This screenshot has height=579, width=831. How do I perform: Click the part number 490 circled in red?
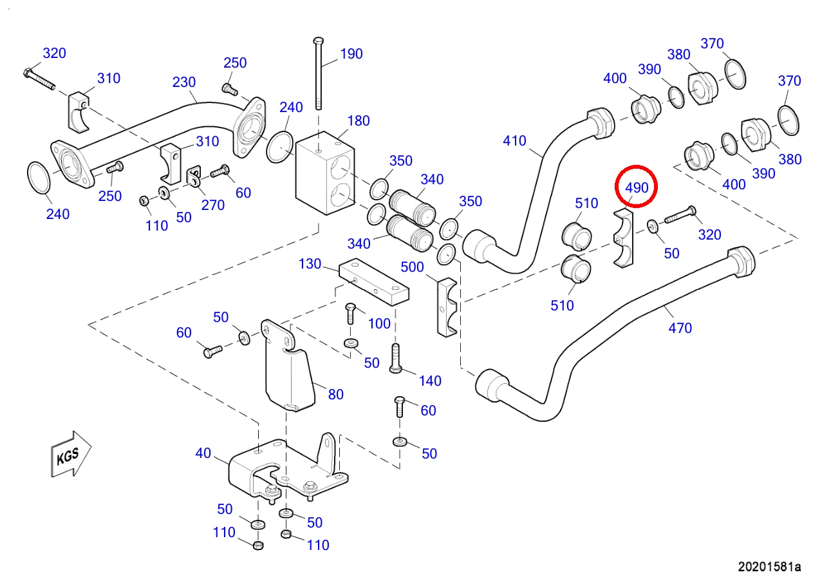coord(637,187)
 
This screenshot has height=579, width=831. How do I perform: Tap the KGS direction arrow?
coord(71,454)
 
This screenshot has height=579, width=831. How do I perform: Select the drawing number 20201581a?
coord(769,567)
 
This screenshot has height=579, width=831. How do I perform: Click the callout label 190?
coord(351,54)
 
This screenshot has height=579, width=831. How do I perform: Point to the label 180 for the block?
coord(359,120)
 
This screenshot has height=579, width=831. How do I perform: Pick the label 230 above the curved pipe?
coord(184,82)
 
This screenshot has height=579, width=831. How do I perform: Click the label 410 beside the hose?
coord(514,140)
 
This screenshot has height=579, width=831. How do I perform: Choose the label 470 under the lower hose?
coord(680,328)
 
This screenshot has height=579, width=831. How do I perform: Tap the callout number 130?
coord(310,264)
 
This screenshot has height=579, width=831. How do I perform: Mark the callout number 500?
coord(412,267)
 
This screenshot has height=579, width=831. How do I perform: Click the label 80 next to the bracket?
coord(336,395)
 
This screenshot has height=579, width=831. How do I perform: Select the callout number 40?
coord(203,453)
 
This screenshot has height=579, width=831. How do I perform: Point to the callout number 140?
coord(430,381)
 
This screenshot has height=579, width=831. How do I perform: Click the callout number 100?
coord(379,324)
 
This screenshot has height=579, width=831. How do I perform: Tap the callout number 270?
coord(213,205)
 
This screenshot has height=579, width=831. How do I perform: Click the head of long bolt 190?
coord(318,41)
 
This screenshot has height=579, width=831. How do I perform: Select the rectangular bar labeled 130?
coord(374,281)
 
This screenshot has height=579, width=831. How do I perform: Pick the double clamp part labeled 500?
coord(447,307)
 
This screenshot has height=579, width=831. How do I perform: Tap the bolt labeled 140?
coord(395,358)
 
